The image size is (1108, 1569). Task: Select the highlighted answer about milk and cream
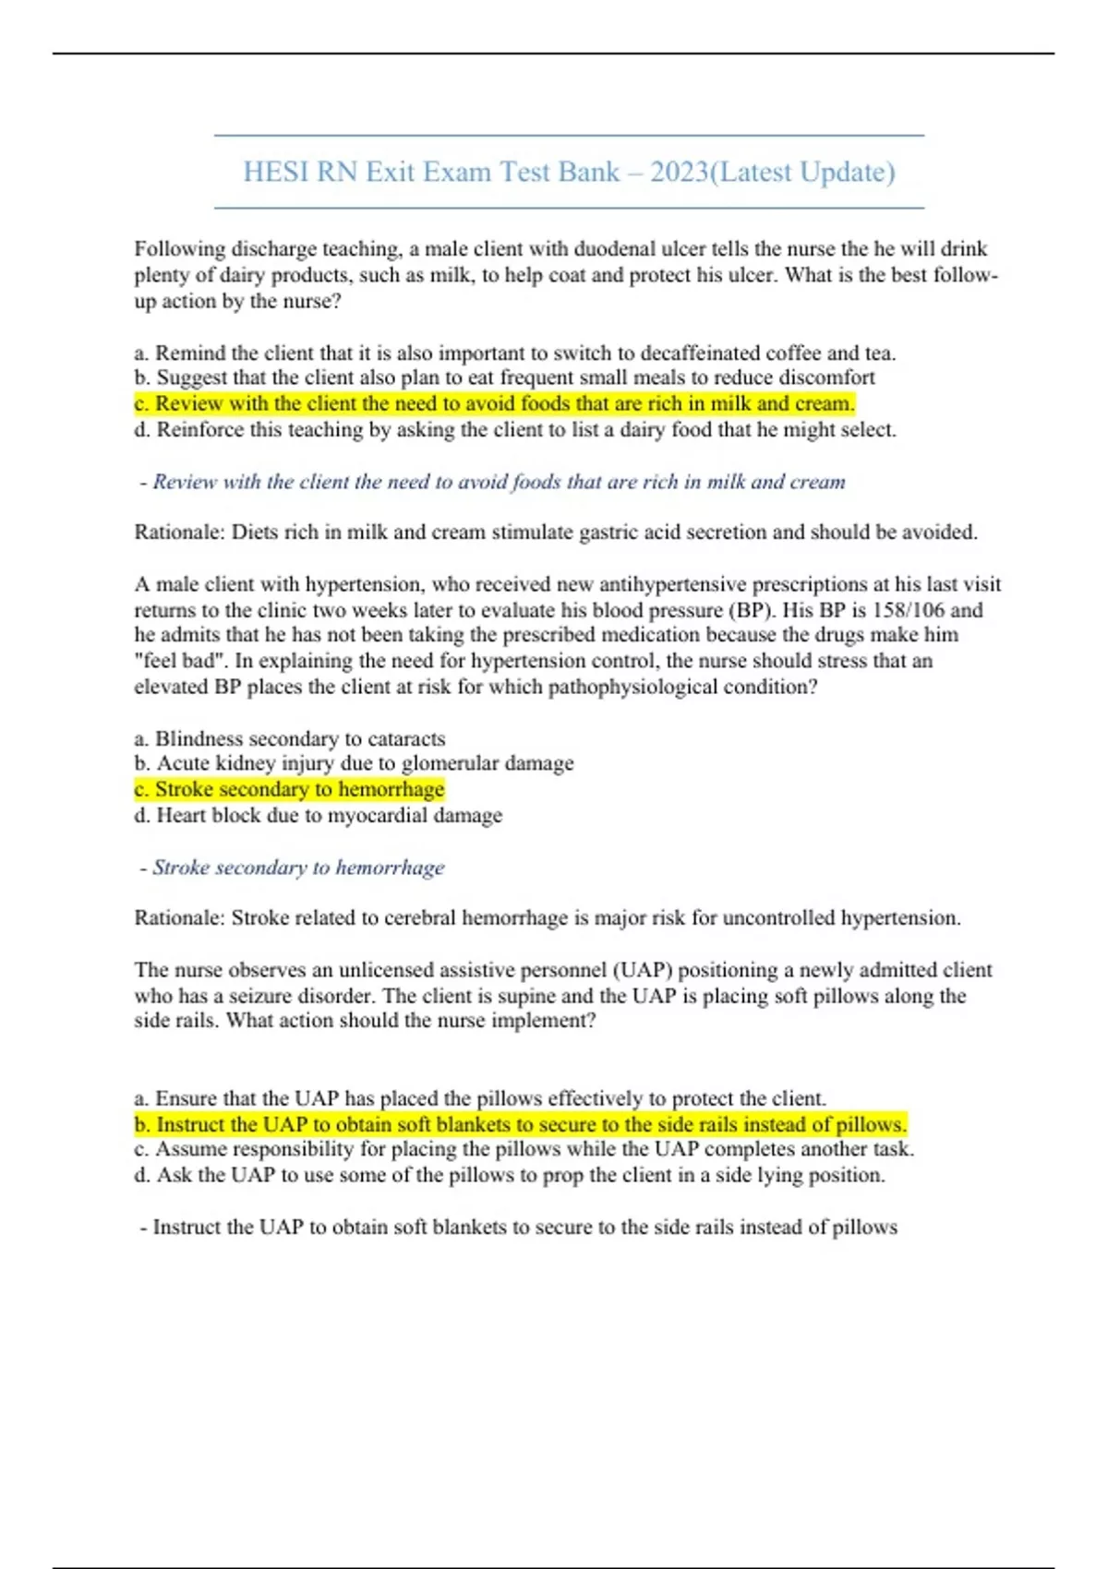point(495,404)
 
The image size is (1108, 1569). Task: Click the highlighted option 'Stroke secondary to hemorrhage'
point(290,790)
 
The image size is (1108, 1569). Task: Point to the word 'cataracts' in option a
point(406,739)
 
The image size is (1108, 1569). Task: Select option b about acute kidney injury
point(355,764)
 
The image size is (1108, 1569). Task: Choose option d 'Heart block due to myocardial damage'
point(319,816)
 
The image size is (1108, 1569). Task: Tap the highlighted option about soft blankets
point(521,1125)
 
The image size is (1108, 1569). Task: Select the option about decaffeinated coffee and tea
point(515,353)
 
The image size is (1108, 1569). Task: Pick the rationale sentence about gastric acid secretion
point(556,533)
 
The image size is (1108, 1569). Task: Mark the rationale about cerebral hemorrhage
point(548,918)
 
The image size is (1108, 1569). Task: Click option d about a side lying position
point(510,1176)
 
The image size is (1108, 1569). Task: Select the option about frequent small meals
point(505,378)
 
